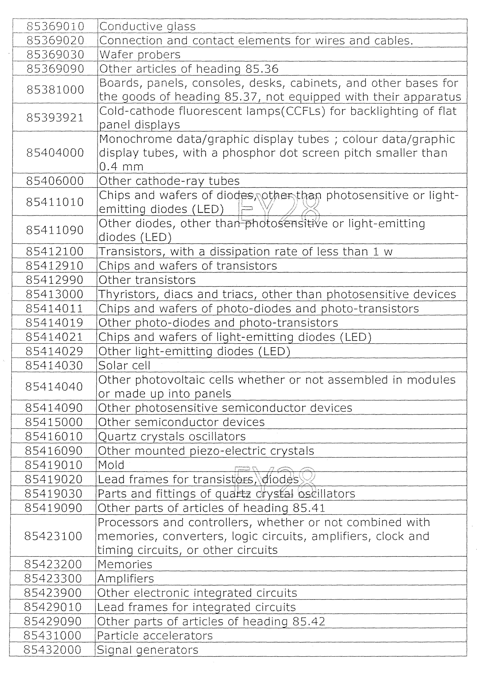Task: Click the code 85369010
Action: [55, 26]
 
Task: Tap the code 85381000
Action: [55, 89]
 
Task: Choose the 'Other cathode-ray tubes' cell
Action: [169, 181]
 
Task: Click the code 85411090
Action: [55, 230]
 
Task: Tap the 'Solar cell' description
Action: [124, 365]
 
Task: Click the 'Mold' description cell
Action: [111, 465]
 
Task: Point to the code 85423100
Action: [53, 536]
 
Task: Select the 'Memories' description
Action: [125, 564]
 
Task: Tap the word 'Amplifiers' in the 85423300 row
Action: [126, 579]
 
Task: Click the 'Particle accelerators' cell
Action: [155, 636]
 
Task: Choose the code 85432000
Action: [52, 650]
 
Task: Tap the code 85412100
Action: [55, 252]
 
